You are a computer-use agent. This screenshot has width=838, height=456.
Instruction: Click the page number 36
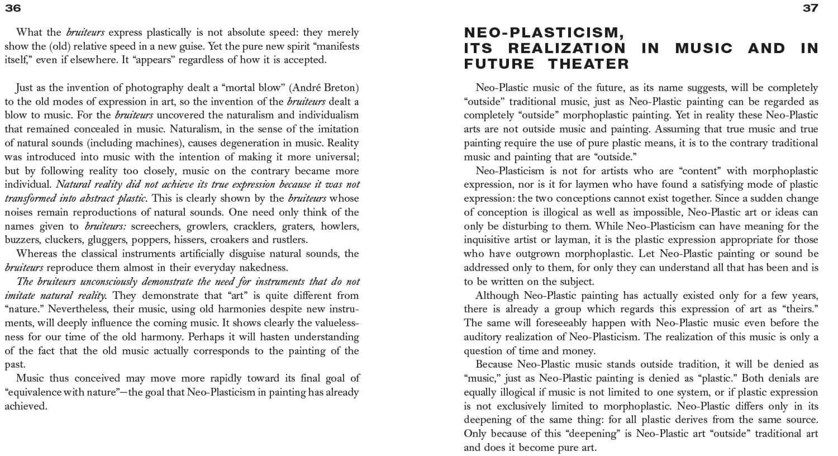tap(12, 8)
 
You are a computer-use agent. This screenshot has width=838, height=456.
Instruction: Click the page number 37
tap(811, 8)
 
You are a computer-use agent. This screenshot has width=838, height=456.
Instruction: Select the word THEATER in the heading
tap(588, 64)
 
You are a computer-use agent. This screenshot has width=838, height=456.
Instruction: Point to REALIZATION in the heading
tap(566, 49)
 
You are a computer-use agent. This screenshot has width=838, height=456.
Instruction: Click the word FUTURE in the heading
tap(499, 64)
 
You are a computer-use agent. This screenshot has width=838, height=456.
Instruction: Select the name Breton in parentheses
tap(339, 88)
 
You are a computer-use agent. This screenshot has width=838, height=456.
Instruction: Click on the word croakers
tap(230, 240)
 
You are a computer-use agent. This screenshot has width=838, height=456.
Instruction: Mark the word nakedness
tap(264, 268)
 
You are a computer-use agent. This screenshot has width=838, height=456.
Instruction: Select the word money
tap(579, 351)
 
